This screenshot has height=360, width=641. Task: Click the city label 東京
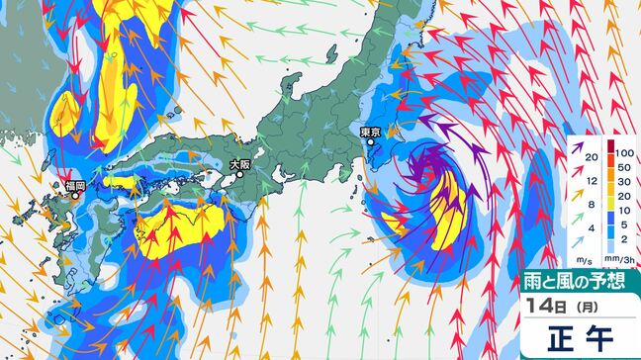pyautogui.click(x=371, y=131)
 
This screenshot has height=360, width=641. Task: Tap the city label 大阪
pyautogui.click(x=240, y=165)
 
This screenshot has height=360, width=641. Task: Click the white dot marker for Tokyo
pyautogui.click(x=371, y=142)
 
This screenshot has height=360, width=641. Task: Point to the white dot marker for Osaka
pyautogui.click(x=239, y=175)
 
